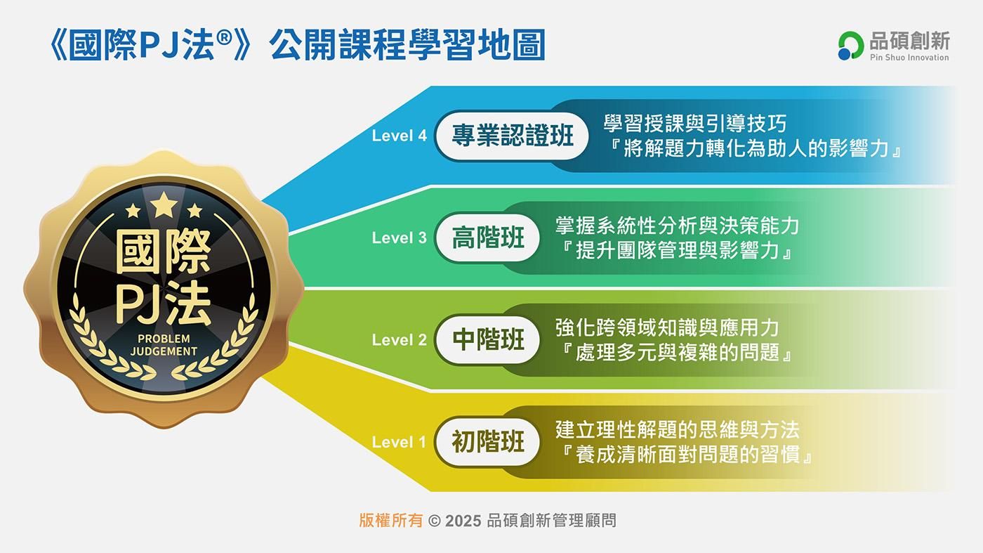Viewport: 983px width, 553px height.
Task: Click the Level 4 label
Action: click(399, 136)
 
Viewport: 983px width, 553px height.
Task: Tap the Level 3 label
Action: click(399, 238)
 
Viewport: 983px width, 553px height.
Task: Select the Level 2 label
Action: click(399, 339)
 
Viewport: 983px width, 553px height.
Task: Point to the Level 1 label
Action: click(399, 442)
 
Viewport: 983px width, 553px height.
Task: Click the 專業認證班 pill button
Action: click(512, 136)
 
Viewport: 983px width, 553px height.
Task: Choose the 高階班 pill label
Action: click(487, 238)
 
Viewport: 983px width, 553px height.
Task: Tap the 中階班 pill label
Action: click(487, 339)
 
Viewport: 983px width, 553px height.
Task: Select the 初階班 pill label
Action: click(487, 442)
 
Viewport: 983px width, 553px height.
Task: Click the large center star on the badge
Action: click(164, 206)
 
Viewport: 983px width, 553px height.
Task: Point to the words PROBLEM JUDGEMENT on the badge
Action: click(164, 345)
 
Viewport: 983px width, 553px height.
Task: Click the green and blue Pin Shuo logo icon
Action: click(850, 46)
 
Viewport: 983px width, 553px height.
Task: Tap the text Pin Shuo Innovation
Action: click(909, 58)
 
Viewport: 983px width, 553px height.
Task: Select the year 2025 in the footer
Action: click(463, 521)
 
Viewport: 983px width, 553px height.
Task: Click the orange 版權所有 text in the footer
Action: click(390, 521)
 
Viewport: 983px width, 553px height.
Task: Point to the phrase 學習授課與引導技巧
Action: click(694, 124)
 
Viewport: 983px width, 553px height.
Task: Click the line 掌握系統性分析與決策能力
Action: click(677, 226)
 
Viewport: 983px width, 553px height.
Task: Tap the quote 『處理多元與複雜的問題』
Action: click(677, 352)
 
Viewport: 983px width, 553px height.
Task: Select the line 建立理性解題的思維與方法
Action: click(677, 429)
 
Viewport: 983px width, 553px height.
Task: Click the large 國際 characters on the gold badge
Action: click(163, 252)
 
